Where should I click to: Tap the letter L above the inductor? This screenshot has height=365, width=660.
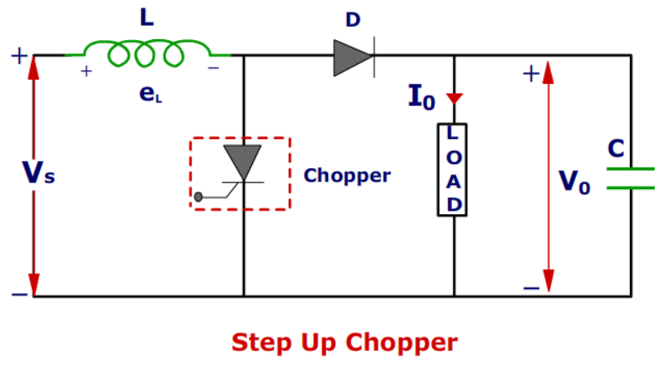146,17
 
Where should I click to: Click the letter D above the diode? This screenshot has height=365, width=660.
353,18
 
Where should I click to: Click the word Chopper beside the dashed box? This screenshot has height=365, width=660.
346,176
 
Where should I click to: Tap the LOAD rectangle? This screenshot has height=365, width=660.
453,169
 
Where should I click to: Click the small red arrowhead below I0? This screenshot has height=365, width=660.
454,98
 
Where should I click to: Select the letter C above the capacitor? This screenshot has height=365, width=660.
616,148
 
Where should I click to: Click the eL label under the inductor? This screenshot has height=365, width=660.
150,95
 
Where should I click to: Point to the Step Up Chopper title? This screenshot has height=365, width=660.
344,342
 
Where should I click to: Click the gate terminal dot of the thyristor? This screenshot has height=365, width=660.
199,197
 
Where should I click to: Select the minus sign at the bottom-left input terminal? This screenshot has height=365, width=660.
18,294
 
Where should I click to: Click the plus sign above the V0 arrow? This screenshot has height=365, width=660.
530,73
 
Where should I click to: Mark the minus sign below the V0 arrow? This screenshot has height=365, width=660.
531,287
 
